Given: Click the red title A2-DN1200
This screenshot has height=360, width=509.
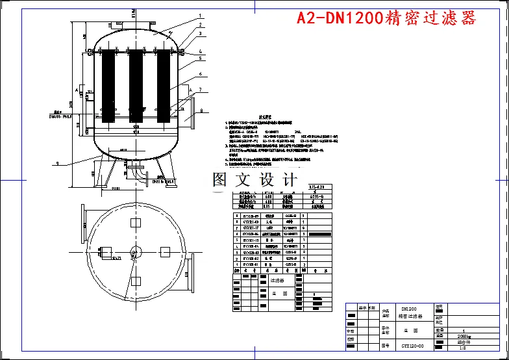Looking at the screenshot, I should pyautogui.click(x=386, y=18).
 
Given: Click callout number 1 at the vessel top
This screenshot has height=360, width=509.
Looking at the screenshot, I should pyautogui.click(x=201, y=15).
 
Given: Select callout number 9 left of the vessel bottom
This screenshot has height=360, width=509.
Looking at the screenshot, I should pyautogui.click(x=58, y=162).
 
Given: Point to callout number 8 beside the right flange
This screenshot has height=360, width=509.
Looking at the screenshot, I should pyautogui.click(x=201, y=110).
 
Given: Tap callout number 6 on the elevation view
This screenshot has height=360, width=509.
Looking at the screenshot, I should pyautogui.click(x=201, y=74).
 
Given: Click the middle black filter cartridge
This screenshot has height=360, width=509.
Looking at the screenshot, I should pyautogui.click(x=136, y=86).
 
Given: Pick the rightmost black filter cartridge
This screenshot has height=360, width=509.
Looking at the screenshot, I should pyautogui.click(x=164, y=86).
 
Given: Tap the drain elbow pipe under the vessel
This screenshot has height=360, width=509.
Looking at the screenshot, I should pyautogui.click(x=138, y=173).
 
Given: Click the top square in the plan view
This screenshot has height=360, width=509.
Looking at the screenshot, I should pyautogui.click(x=136, y=223).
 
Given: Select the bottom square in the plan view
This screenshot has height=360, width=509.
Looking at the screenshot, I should pyautogui.click(x=136, y=281).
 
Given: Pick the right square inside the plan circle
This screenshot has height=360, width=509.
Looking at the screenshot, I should pyautogui.click(x=165, y=251).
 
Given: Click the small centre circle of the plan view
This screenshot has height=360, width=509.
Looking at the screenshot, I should pyautogui.click(x=136, y=251).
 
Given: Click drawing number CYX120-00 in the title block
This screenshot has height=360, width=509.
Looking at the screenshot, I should pyautogui.click(x=412, y=346).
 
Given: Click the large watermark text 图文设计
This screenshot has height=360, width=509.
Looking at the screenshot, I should pyautogui.click(x=255, y=179).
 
